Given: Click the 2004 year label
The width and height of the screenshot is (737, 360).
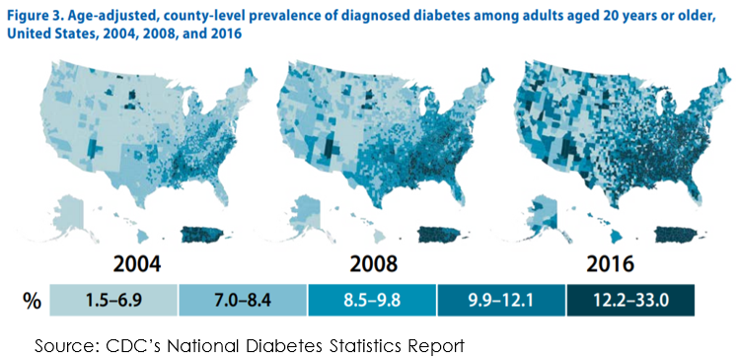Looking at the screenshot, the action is point(137,264).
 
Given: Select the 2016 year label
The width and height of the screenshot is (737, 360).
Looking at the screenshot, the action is point(610,264).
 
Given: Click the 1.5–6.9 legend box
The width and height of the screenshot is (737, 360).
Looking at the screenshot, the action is point(113,300).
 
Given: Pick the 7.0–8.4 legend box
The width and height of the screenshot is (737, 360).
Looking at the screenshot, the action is point(243,300).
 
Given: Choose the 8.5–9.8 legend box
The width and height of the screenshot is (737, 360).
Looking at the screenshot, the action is point(372,300).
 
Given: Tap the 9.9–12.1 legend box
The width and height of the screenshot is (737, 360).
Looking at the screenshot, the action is point(501,300).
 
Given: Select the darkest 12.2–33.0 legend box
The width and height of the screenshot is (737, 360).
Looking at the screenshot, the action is point(630,300).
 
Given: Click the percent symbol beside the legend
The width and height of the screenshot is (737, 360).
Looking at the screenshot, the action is point(32,301).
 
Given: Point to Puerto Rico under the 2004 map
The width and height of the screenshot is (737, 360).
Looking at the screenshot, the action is point(203,234).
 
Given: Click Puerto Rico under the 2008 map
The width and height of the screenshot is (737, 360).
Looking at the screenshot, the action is point(440,234).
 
